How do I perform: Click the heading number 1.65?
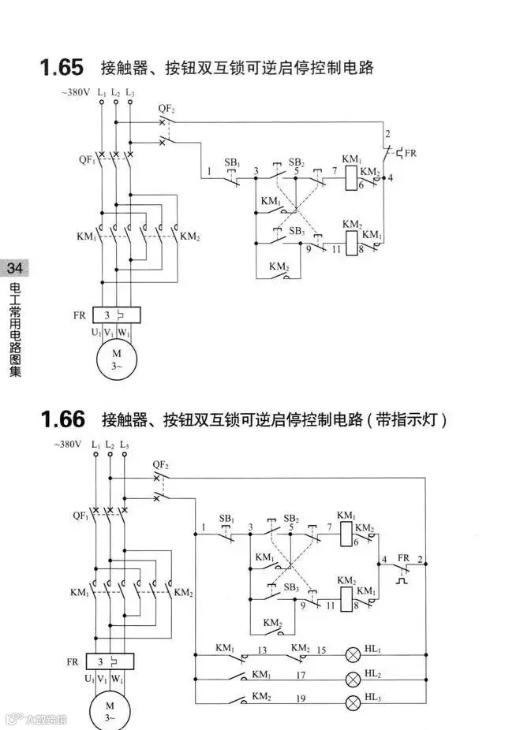tap(61, 67)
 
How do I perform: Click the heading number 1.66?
tap(61, 419)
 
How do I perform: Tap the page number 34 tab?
tap(14, 269)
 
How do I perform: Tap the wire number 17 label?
tap(301, 676)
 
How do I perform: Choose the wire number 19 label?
tap(301, 698)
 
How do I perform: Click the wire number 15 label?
tap(321, 650)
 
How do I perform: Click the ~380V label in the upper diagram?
tap(75, 93)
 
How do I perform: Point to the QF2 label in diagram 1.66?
tap(160, 464)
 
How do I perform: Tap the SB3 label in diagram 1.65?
tap(297, 231)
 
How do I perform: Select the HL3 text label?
tap(373, 698)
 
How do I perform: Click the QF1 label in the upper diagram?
tap(87, 158)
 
